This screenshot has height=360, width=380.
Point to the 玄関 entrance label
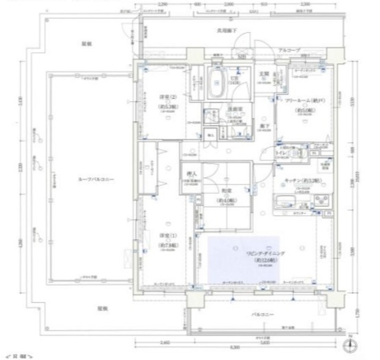click(264, 75)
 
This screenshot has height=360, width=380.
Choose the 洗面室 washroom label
click(232, 110)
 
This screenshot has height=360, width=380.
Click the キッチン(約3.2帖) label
click(302, 180)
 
